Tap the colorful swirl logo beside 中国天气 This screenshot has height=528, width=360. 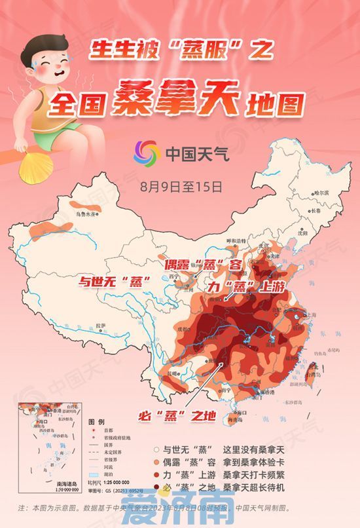point(147,154)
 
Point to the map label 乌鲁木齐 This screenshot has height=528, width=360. point(86,214)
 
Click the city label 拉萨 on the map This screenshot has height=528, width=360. point(99,325)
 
